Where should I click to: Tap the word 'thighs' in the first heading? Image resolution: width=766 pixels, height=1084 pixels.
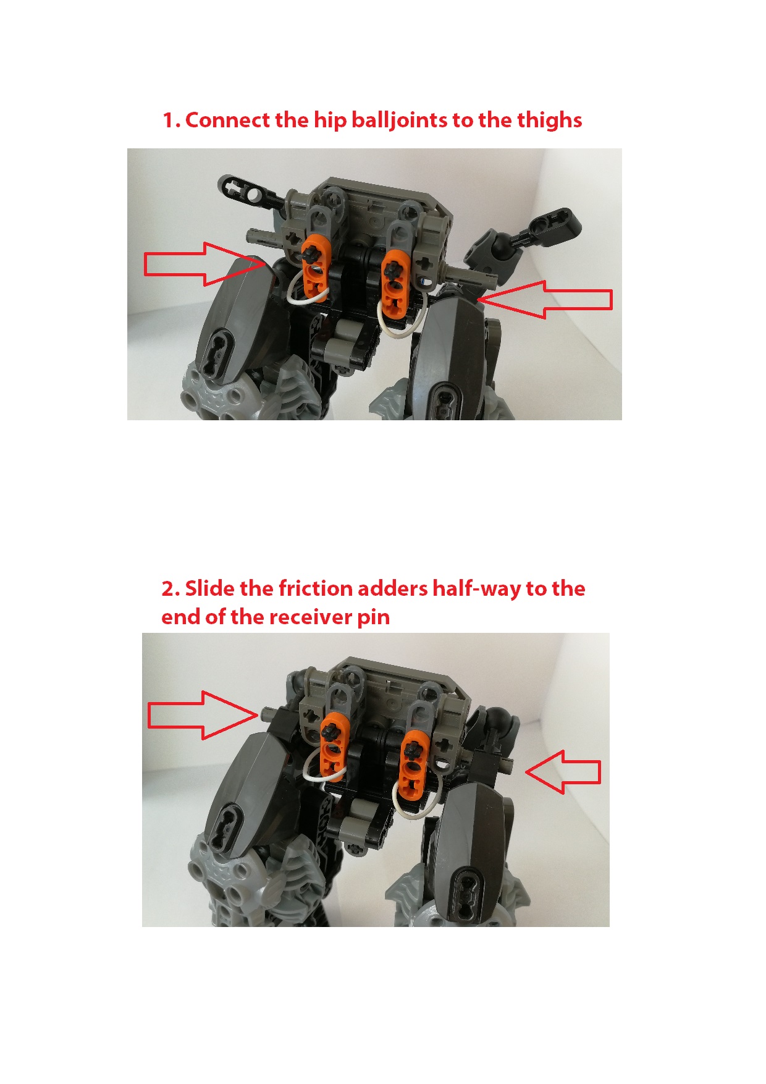tap(549, 120)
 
